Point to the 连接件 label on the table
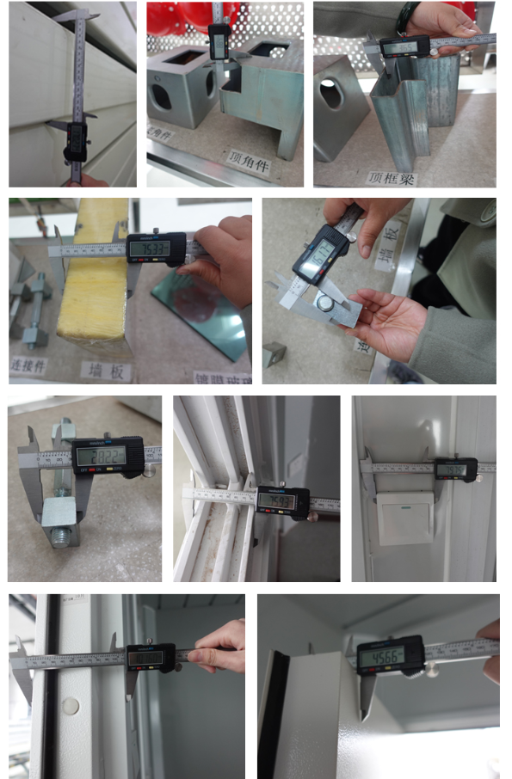click(29, 366)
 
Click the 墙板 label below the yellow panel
click(98, 369)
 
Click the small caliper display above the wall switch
click(456, 469)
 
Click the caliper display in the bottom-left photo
click(151, 657)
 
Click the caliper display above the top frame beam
click(404, 47)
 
